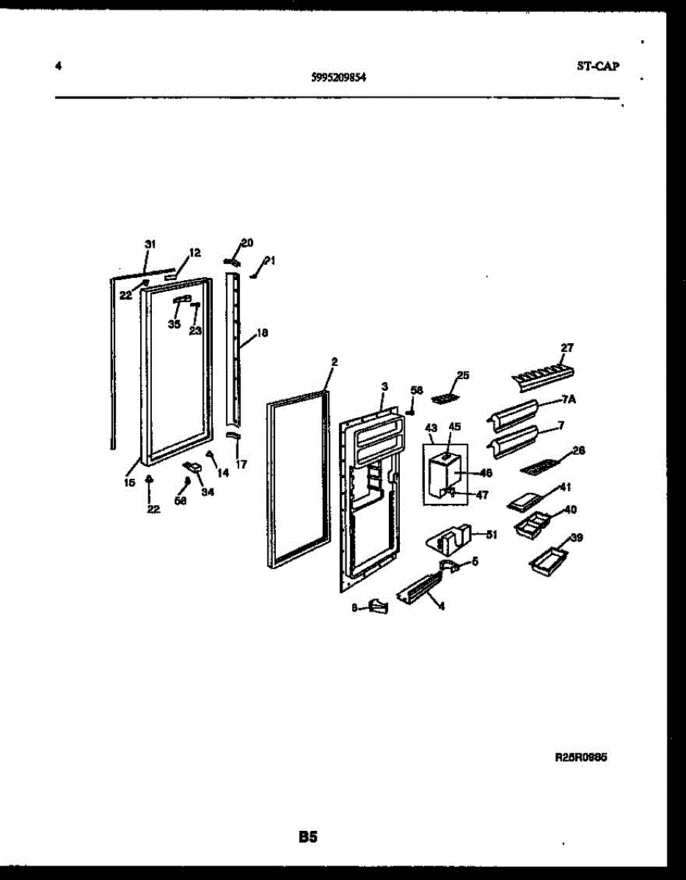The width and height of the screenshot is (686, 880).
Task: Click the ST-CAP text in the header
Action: (598, 66)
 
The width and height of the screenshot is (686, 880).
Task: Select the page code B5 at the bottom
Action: (307, 836)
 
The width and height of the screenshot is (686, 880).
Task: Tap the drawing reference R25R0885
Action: (580, 759)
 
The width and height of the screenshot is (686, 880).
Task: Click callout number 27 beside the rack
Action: (567, 348)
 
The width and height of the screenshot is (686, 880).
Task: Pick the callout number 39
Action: (576, 538)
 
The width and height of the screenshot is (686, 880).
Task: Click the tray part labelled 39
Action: (548, 559)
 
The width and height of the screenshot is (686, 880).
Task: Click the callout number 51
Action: (491, 535)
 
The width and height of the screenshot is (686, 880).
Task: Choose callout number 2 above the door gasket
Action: (335, 362)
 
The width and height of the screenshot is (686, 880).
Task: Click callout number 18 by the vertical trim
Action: (261, 332)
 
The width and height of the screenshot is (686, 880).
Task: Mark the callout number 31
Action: (150, 244)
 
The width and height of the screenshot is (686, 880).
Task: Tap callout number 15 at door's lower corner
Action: (129, 483)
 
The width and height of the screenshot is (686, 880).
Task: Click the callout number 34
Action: (208, 492)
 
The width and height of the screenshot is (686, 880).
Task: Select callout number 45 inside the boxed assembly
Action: (455, 427)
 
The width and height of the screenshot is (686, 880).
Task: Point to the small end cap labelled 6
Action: (379, 606)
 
